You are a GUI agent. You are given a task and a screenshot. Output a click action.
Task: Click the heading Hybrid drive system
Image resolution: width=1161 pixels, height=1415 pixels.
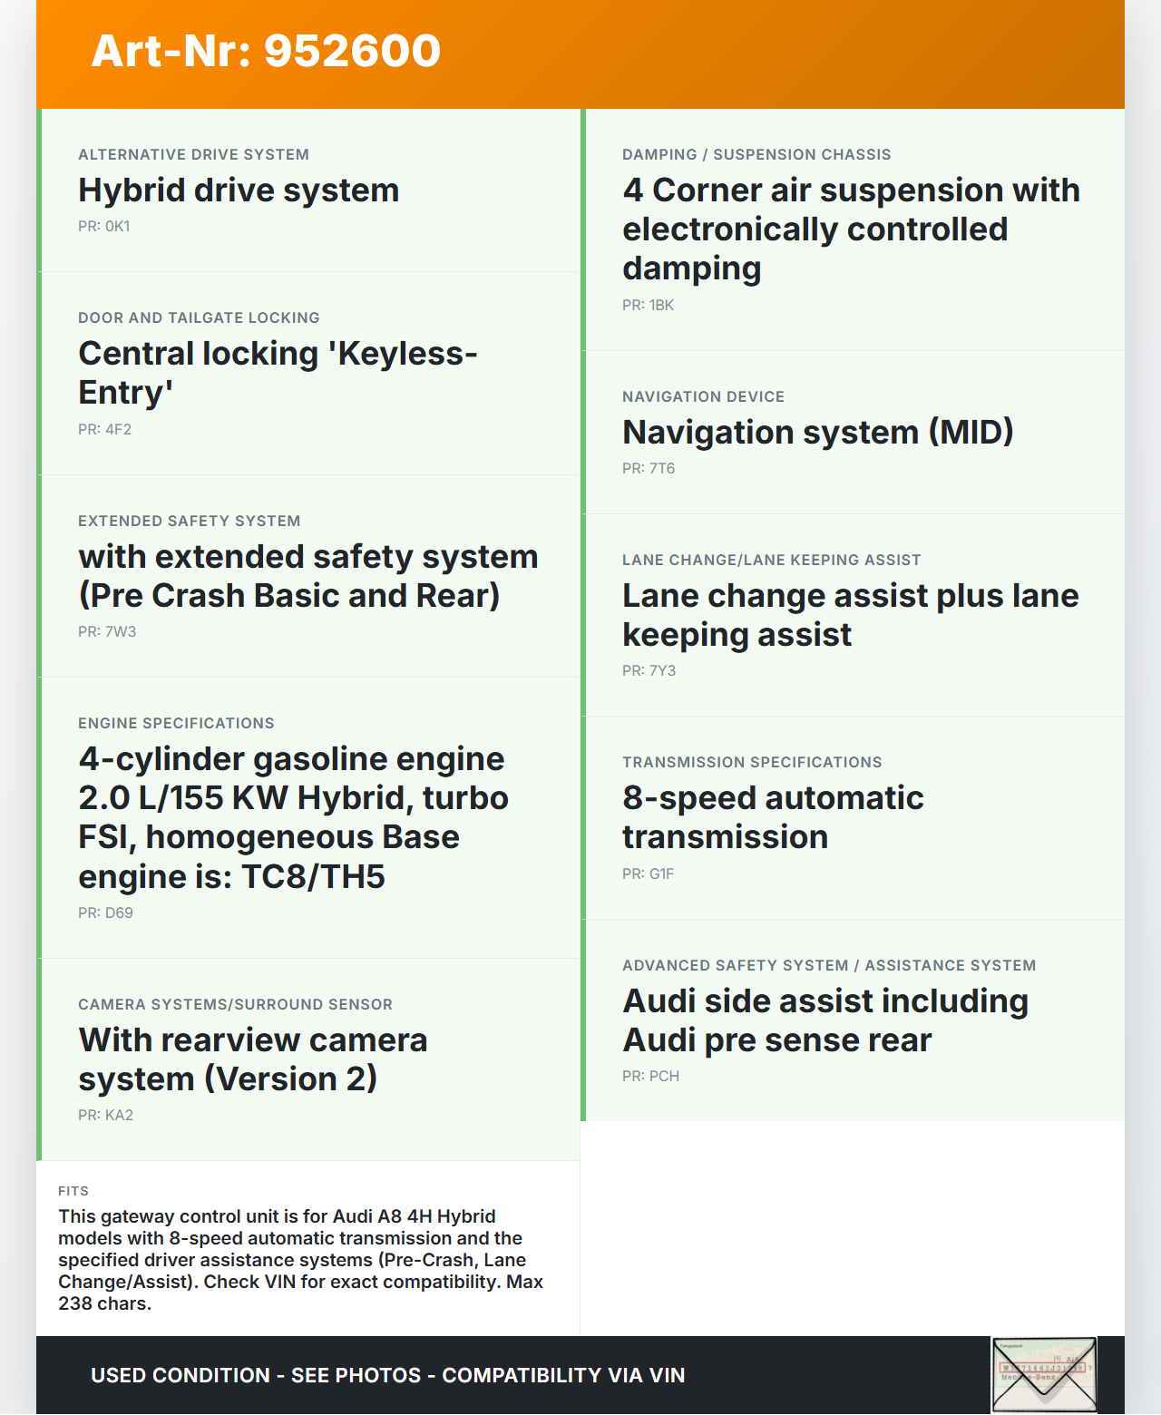tap(239, 190)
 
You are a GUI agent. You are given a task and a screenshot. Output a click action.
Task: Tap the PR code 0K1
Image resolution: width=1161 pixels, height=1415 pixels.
tap(104, 227)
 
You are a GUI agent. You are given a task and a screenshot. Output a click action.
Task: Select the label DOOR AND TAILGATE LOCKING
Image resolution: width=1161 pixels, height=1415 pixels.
tap(199, 317)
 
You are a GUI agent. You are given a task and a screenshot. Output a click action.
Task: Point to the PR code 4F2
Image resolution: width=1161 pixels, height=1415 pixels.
tap(104, 430)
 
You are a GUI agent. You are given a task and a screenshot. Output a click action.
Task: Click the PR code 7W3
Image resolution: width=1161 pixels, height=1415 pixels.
tap(107, 632)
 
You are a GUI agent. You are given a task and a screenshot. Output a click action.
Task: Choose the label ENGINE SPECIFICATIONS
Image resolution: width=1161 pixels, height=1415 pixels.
tap(176, 723)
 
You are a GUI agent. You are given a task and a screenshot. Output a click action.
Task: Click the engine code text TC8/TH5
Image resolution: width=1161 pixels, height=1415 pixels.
tap(313, 877)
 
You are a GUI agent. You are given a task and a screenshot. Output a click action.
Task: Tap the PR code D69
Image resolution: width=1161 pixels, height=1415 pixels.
tap(105, 913)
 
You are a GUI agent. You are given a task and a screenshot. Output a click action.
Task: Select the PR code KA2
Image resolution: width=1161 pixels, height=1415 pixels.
tap(105, 1116)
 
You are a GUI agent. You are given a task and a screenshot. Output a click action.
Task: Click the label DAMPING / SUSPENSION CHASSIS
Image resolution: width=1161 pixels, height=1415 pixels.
tap(756, 154)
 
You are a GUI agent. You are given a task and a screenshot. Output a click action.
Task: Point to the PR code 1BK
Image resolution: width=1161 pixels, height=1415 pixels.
tap(648, 306)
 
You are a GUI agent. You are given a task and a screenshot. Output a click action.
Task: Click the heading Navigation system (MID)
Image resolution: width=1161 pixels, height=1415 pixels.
tap(817, 433)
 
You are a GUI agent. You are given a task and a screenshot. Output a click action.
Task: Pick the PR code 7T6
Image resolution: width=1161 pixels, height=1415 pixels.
tap(649, 469)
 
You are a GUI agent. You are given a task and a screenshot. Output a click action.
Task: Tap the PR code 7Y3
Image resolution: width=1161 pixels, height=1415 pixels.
tap(649, 671)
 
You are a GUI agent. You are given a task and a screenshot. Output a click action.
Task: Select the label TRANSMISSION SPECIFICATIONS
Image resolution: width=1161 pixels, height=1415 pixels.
tap(752, 762)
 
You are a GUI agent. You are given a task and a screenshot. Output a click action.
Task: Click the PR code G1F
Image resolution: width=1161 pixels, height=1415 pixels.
tap(648, 874)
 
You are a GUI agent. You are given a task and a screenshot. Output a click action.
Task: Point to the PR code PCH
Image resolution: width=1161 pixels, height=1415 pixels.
tap(650, 1077)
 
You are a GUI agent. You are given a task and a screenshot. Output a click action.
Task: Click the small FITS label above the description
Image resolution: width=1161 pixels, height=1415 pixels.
tap(73, 1191)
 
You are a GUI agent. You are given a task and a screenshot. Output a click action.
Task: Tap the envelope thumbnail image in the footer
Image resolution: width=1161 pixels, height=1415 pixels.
tap(1044, 1375)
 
